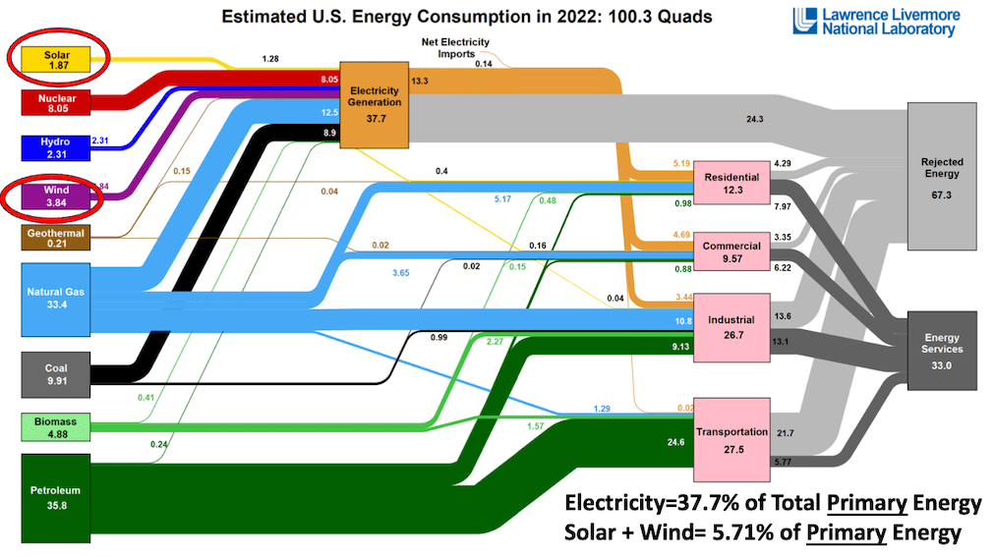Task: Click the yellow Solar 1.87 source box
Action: click(56, 58)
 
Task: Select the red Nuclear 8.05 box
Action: click(56, 104)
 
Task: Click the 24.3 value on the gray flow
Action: click(755, 119)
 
